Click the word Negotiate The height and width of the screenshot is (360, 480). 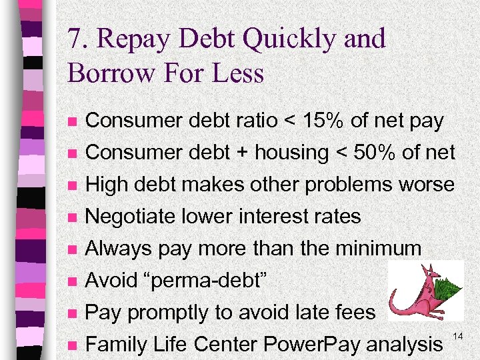point(131,217)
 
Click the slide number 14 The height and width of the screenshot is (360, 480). point(457,333)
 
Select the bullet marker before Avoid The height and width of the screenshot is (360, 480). point(73,281)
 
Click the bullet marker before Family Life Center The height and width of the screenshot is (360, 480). point(73,345)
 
